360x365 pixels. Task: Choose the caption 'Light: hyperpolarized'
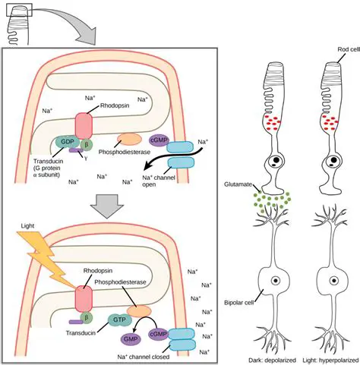(333, 359)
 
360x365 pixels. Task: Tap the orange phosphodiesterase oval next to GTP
(139, 309)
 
